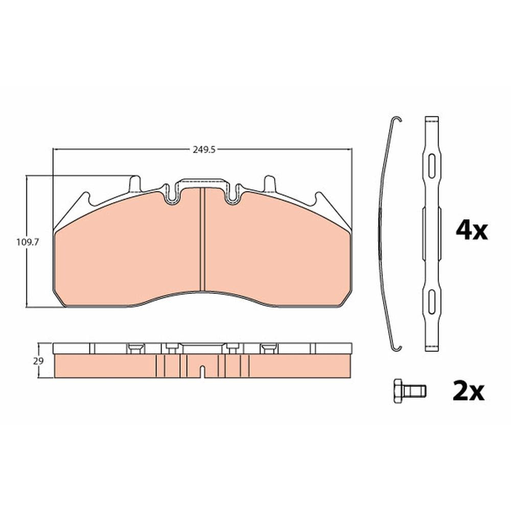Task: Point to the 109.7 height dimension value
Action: click(28, 242)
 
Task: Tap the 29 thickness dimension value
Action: click(38, 361)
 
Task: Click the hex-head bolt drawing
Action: click(410, 391)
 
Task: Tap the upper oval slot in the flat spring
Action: click(432, 166)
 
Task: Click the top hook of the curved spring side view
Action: click(397, 120)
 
